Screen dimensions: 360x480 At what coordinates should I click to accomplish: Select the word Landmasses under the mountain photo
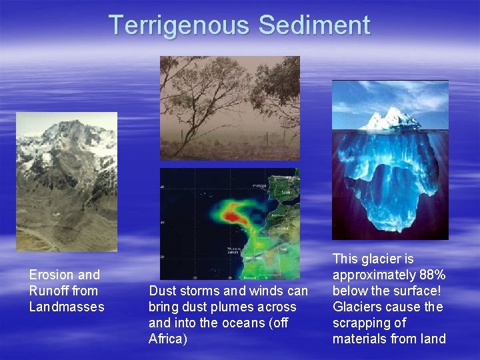(67, 307)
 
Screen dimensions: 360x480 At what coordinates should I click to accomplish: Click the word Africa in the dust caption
(166, 339)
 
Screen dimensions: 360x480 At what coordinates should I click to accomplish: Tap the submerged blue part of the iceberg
(390, 180)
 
